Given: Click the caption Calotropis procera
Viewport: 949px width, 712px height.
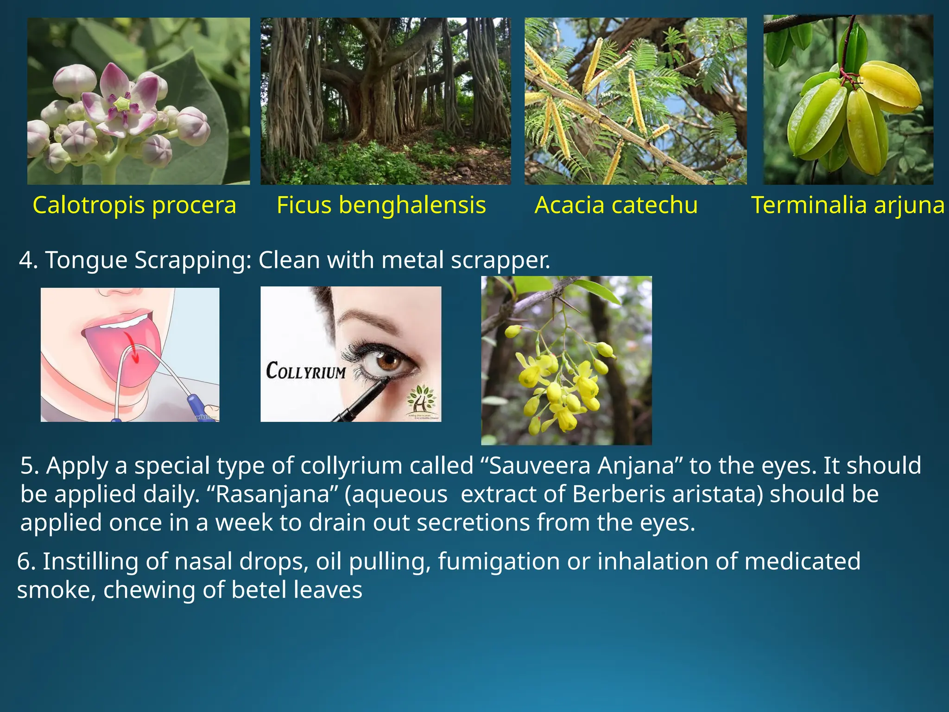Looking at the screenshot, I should (x=134, y=205).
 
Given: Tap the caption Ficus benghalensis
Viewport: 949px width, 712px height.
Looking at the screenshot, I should (x=381, y=205).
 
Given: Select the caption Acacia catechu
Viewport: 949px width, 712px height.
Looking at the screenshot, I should (x=616, y=205).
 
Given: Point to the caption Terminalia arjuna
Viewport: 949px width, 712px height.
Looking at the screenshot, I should (x=848, y=205).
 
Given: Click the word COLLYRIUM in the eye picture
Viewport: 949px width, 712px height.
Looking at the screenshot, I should (x=306, y=371).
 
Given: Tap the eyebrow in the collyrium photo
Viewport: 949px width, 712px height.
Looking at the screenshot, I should (x=371, y=319).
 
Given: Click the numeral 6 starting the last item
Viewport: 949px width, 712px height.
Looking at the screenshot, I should (x=24, y=562).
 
